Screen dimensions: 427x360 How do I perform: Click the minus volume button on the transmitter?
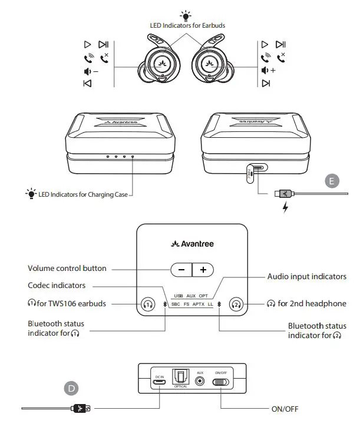point(181,270)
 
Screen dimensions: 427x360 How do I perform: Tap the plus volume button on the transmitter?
point(203,270)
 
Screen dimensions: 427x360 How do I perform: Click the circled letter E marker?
point(333,181)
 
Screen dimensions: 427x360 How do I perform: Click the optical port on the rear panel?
point(179,378)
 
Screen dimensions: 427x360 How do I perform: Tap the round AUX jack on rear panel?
point(200,382)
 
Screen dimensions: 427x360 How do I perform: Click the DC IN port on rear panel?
point(158,382)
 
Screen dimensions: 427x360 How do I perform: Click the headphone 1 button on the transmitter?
point(148,304)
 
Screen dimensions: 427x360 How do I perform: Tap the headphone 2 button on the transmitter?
point(237,304)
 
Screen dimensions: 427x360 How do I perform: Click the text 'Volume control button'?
point(67,269)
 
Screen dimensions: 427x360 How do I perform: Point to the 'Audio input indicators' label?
point(306,276)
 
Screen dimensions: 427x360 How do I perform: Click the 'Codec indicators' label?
point(57,286)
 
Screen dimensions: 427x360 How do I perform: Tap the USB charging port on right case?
point(252,171)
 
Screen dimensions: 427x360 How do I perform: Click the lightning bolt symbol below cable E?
point(286,208)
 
